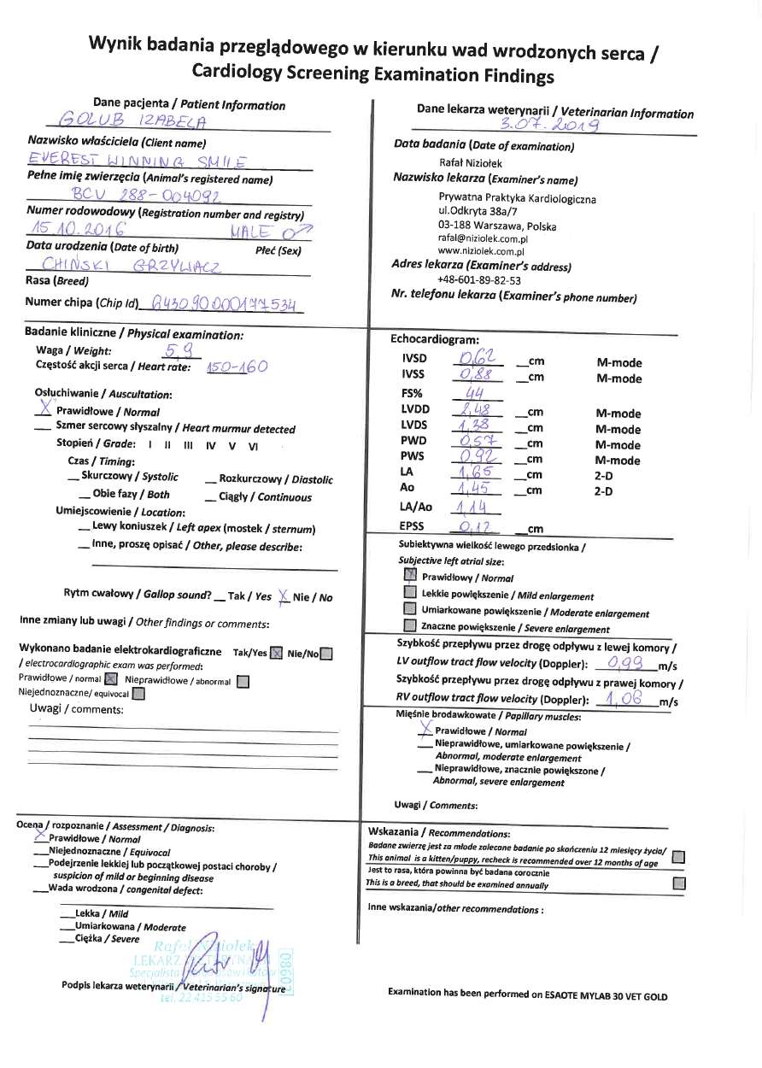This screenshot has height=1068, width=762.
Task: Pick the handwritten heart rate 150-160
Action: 237,367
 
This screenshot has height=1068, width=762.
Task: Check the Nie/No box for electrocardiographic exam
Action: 326,654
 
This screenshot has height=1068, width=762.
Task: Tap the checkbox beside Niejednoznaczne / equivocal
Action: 138,694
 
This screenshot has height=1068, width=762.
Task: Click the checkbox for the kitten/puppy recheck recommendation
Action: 678,856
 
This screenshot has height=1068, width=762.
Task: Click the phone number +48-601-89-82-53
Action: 478,279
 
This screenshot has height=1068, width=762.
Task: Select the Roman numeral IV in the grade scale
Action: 209,445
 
